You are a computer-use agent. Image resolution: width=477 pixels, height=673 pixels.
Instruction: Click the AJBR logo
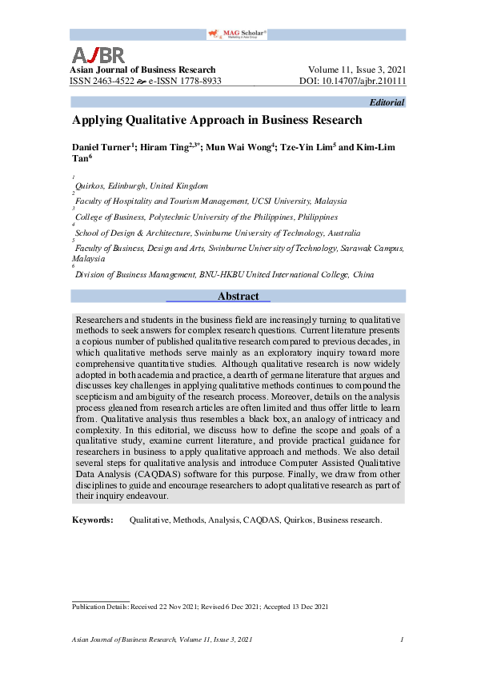[x=98, y=55]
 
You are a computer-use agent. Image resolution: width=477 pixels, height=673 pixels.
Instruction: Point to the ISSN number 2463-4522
[x=115, y=82]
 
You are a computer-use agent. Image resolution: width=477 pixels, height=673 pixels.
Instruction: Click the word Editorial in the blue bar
[x=387, y=102]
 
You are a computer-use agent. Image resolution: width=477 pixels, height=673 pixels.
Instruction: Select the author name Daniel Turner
[x=102, y=148]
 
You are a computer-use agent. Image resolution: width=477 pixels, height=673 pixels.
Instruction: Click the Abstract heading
[x=238, y=297]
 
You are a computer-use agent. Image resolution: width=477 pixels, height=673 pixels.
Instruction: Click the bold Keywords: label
[x=93, y=520]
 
